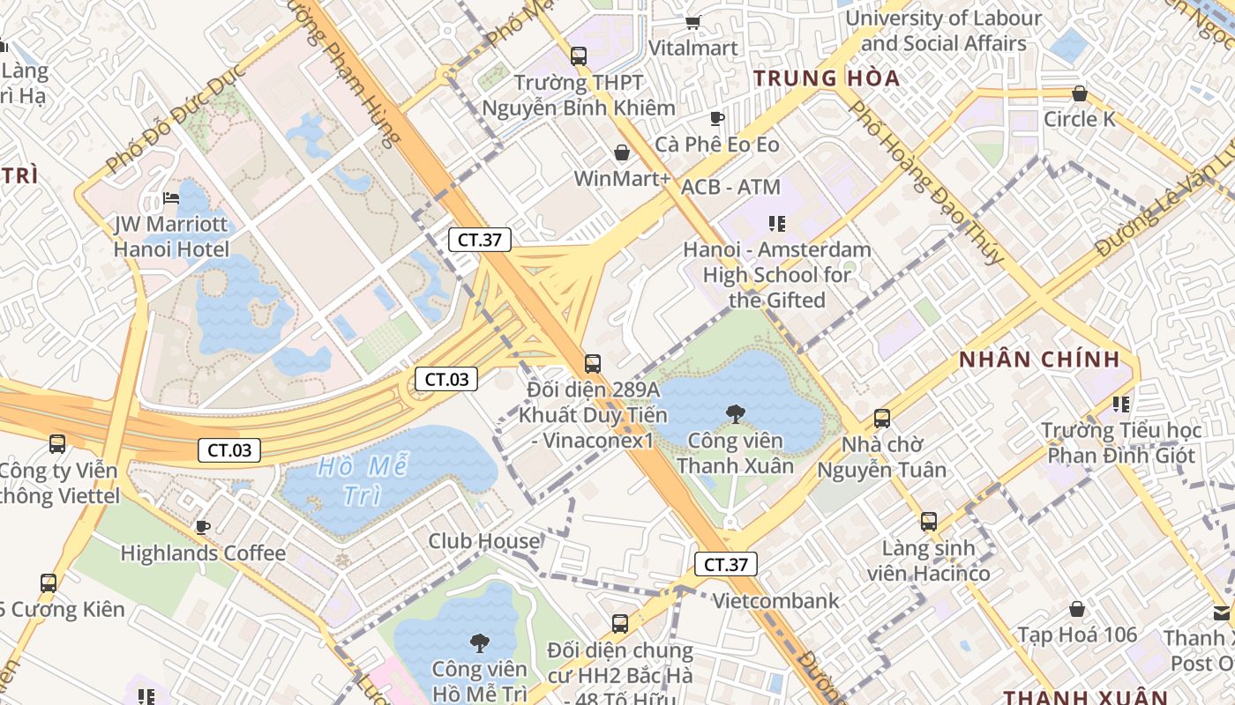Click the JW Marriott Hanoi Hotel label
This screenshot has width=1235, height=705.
click(x=171, y=237)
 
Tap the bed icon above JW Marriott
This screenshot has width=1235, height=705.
click(x=171, y=199)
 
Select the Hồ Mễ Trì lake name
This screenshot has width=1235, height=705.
click(x=356, y=480)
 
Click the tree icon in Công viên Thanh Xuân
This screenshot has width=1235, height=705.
click(x=735, y=413)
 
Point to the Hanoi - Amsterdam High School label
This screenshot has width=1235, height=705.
click(x=776, y=274)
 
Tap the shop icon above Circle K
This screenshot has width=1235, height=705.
click(x=1079, y=93)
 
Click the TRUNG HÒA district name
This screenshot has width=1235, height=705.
click(x=827, y=78)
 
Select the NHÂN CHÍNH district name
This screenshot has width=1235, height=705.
click(x=1039, y=360)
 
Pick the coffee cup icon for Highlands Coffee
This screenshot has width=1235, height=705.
click(x=203, y=527)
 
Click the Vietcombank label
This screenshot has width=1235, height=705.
click(x=775, y=601)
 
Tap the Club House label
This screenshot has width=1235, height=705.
click(x=483, y=541)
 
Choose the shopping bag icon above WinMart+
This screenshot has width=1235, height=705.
click(x=622, y=153)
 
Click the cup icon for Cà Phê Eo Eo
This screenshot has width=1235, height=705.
click(x=716, y=118)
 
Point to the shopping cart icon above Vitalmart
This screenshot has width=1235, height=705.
click(x=692, y=23)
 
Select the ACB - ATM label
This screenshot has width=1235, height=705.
click(x=730, y=187)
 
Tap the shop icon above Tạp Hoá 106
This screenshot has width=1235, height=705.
click(x=1076, y=609)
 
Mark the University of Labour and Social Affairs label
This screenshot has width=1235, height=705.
click(x=943, y=31)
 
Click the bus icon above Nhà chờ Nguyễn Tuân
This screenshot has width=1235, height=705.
click(x=881, y=419)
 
